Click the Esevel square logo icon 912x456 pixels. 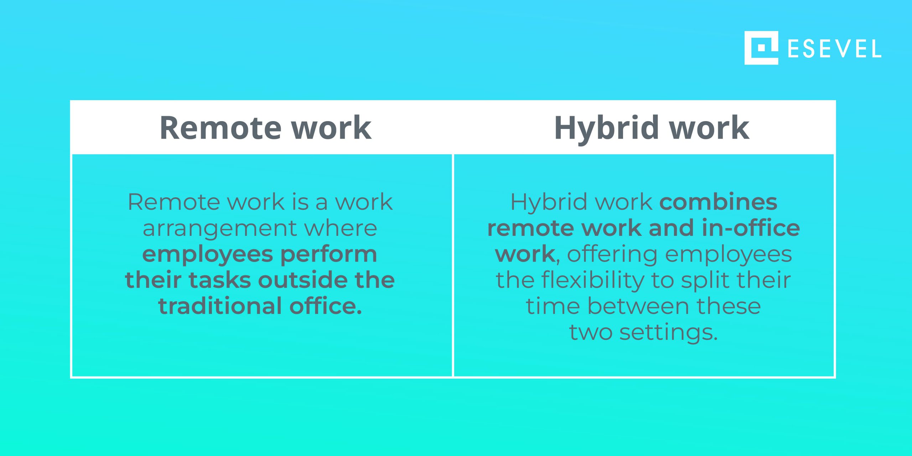point(761,48)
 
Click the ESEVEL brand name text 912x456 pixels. point(834,49)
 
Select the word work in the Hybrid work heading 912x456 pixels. point(709,128)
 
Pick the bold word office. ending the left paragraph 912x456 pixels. point(326,306)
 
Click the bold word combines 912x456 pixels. point(718,202)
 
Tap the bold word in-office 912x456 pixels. point(751,228)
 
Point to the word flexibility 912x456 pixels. point(593,280)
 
